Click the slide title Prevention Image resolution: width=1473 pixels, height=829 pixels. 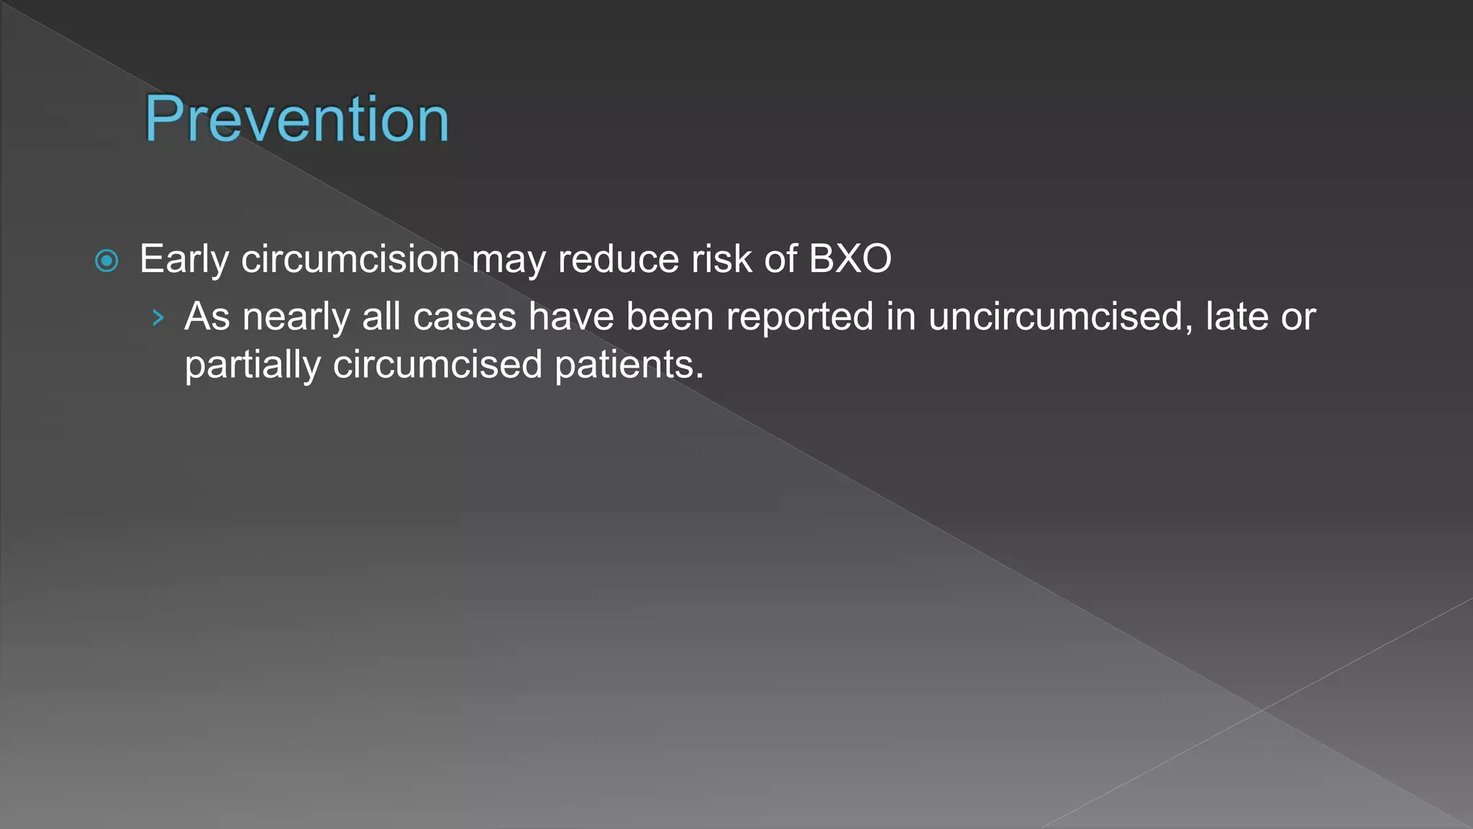(x=296, y=119)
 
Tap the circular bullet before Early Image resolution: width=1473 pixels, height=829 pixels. (x=106, y=261)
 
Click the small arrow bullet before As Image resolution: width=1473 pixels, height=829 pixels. (x=158, y=317)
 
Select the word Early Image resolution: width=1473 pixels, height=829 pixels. (x=184, y=259)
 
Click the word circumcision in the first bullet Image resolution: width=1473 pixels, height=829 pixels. (x=350, y=259)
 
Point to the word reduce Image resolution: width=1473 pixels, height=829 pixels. (x=619, y=259)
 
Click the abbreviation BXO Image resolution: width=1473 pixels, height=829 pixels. (x=850, y=259)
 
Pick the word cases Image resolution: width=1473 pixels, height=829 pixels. (x=465, y=317)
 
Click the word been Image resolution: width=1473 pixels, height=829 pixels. (x=670, y=317)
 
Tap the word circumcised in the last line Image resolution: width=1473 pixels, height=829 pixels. (x=437, y=365)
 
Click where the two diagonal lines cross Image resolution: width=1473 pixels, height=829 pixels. (x=1262, y=710)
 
